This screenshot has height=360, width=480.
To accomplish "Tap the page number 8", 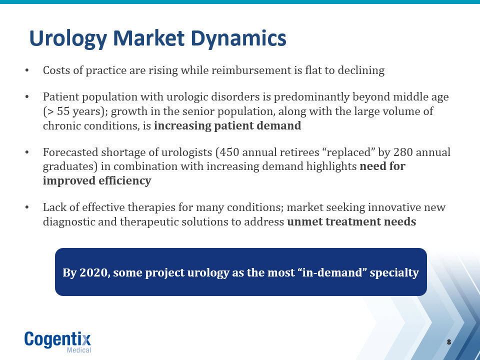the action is click(449, 342).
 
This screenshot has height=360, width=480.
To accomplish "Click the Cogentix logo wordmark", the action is click(58, 339).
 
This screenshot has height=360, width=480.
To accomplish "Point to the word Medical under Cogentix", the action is click(79, 350).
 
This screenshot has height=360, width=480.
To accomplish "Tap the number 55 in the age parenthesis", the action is click(63, 111).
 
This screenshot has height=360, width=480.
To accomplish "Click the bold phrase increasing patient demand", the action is click(227, 126).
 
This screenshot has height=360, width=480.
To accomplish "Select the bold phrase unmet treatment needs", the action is click(351, 221).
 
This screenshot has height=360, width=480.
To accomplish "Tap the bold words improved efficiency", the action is click(97, 180).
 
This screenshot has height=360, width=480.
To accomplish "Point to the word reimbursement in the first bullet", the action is click(251, 70).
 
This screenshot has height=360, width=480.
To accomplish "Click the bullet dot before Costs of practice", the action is click(27, 70).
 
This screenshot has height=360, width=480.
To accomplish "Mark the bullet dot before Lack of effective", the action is click(27, 207).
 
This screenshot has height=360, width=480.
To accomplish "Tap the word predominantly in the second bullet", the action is click(311, 97).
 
